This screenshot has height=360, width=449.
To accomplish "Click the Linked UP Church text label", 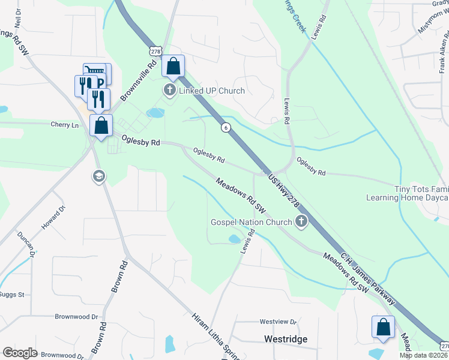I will click(x=211, y=91).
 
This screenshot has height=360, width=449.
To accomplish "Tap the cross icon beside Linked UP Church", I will click(x=169, y=91).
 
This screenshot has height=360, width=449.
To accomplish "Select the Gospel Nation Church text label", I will click(x=251, y=222).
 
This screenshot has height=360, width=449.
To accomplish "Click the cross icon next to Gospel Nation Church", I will click(x=301, y=222).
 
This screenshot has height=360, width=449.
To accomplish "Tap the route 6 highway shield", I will click(x=225, y=127).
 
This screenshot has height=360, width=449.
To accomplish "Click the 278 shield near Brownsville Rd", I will click(x=156, y=52).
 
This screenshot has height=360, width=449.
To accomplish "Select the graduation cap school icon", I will click(x=98, y=176).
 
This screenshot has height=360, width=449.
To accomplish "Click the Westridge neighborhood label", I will click(x=286, y=339).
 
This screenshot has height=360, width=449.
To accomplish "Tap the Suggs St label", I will click(x=11, y=295).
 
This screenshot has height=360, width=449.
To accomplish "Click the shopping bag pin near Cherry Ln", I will click(x=101, y=126).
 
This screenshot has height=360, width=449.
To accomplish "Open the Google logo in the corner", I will click(x=20, y=352).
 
